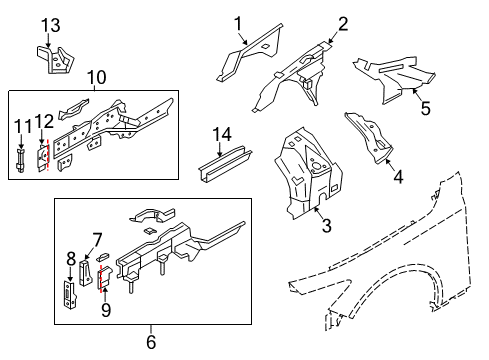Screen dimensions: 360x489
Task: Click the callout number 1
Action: [x=239, y=23]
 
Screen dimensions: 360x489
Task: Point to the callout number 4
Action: [x=398, y=180]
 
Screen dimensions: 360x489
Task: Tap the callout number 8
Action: [x=71, y=258]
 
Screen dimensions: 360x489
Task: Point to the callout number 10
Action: [x=96, y=76]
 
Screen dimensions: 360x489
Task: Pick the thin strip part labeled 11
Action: [x=20, y=160]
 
